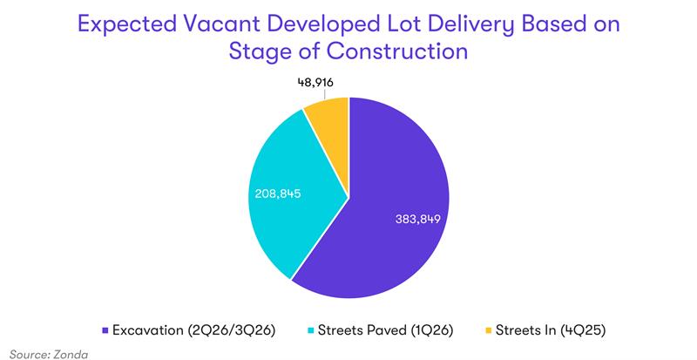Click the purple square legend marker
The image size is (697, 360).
[105, 330]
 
